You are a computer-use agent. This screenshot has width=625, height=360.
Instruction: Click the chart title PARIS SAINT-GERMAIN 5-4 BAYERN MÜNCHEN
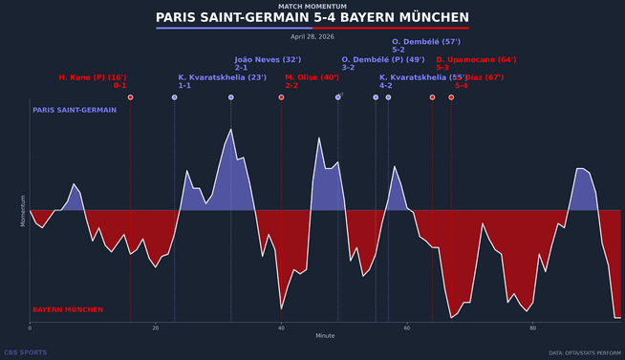click(312, 18)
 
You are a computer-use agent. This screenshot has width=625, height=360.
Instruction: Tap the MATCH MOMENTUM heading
click(312, 6)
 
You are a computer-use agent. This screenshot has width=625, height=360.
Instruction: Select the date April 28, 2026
click(312, 36)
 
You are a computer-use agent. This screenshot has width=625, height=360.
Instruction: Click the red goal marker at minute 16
click(131, 97)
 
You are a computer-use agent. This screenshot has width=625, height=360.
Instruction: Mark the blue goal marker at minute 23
click(174, 97)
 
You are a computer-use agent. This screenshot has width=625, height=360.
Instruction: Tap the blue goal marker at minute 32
click(230, 97)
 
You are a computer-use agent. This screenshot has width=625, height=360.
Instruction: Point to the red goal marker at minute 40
click(281, 97)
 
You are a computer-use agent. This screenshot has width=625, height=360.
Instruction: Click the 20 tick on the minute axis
click(156, 328)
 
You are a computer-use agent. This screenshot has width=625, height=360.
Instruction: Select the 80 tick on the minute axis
click(532, 328)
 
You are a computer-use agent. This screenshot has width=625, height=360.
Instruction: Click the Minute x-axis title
click(326, 336)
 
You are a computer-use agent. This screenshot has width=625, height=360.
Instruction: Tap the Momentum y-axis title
click(23, 209)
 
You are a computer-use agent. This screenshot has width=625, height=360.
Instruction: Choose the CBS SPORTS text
click(26, 352)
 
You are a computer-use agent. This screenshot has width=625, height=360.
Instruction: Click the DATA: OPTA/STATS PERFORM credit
click(584, 353)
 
